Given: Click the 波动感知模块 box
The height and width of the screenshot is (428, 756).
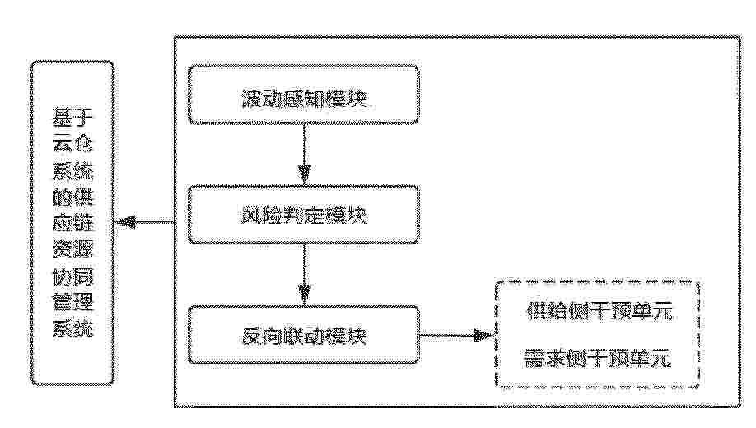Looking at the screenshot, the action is pos(303,95).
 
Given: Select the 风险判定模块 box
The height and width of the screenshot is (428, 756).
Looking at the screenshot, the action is pos(303,215).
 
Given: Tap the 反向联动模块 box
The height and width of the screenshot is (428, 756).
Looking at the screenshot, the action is pos(303,335).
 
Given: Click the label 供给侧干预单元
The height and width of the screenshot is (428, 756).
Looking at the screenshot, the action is pos(600,312).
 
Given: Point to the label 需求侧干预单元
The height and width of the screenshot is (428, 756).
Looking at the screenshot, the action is pos(598,359).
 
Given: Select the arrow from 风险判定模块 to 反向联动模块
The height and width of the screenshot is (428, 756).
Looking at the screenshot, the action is pos(304,275).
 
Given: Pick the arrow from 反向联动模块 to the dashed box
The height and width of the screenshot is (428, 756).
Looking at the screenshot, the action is pos(457,336).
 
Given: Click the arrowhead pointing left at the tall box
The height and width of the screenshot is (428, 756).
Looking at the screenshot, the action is pos(125,221).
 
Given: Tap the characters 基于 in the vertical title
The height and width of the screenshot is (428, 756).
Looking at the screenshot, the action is pos(72,118).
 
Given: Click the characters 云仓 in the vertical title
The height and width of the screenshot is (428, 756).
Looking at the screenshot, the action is pos(72,144).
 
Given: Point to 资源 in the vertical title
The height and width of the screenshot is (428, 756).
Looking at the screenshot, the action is pos(72,249).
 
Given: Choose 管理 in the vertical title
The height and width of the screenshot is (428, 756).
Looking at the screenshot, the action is pos(72,302).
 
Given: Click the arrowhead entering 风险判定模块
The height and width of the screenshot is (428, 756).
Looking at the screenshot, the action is pos(304,175).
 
